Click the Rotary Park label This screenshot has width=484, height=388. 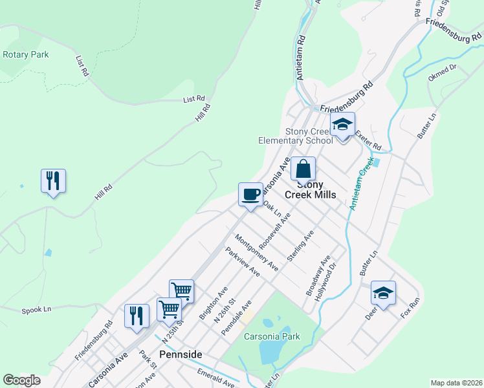pyautogui.click(x=25, y=55)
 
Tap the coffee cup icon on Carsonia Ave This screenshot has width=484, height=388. pyautogui.click(x=250, y=193)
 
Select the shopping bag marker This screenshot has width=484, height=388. pyautogui.click(x=303, y=169)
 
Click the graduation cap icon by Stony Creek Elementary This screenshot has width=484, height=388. pyautogui.click(x=342, y=125)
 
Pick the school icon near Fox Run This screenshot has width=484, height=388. pyautogui.click(x=383, y=293)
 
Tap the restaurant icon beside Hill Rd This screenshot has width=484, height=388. pyautogui.click(x=53, y=180)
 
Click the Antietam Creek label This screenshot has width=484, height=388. pyautogui.click(x=361, y=184)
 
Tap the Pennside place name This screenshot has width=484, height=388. pyautogui.click(x=181, y=355)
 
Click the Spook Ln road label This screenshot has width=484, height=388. pyautogui.click(x=36, y=310)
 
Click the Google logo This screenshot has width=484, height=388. pyautogui.click(x=21, y=380)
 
